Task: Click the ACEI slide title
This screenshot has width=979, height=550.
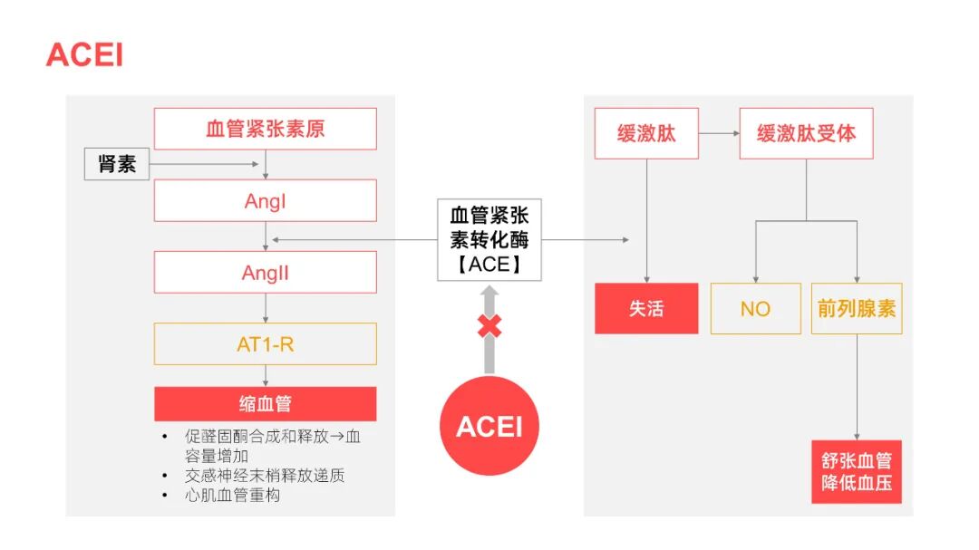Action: pyautogui.click(x=84, y=55)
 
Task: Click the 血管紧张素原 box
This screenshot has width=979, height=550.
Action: pyautogui.click(x=265, y=129)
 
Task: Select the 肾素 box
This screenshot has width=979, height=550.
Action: pyautogui.click(x=117, y=164)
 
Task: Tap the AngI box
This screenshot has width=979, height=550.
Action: pyautogui.click(x=265, y=200)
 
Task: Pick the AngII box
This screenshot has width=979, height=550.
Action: pyautogui.click(x=265, y=272)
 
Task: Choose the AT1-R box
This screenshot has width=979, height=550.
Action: pyautogui.click(x=265, y=343)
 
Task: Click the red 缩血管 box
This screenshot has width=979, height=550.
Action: pyautogui.click(x=265, y=403)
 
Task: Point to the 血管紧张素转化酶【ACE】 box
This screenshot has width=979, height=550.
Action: pyautogui.click(x=489, y=240)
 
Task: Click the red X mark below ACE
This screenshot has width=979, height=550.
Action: pyautogui.click(x=489, y=326)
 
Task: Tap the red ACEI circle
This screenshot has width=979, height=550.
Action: pyautogui.click(x=489, y=426)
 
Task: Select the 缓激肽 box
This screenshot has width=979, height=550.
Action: pyautogui.click(x=646, y=134)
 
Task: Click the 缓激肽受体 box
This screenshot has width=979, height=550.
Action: pyautogui.click(x=806, y=134)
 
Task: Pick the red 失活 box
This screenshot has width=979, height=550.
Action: pyautogui.click(x=646, y=308)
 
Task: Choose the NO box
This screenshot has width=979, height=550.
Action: pyautogui.click(x=755, y=308)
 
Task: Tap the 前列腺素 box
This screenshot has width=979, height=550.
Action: pyautogui.click(x=856, y=308)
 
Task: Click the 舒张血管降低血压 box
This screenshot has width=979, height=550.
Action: pyautogui.click(x=856, y=471)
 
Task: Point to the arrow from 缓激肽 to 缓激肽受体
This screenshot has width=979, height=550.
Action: pyautogui.click(x=719, y=134)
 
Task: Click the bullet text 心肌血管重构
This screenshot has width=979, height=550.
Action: pyautogui.click(x=233, y=496)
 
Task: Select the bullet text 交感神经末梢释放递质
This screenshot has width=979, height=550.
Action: pyautogui.click(x=265, y=475)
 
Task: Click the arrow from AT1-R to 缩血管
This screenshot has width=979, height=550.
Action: pyautogui.click(x=266, y=375)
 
